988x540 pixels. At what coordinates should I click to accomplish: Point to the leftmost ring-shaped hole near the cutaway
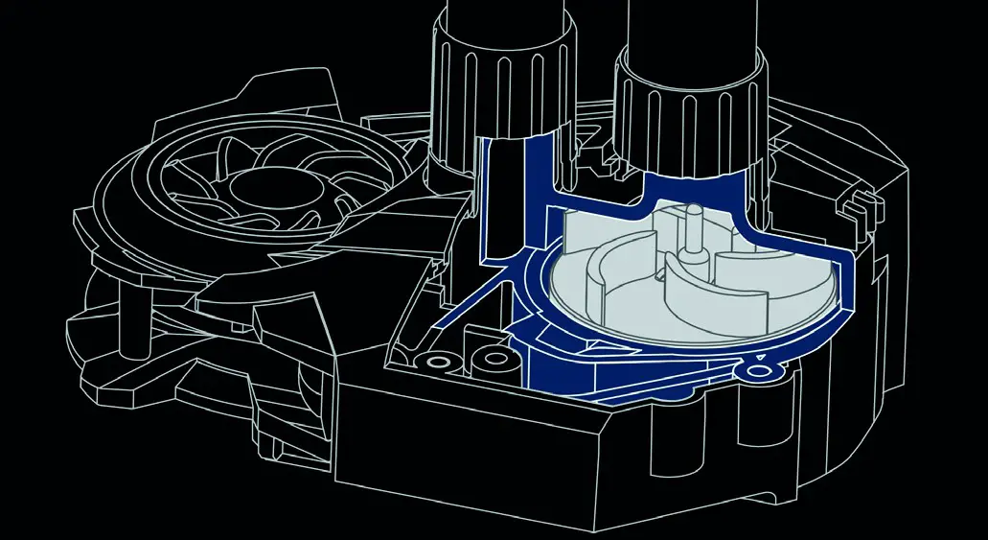click(x=442, y=364)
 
